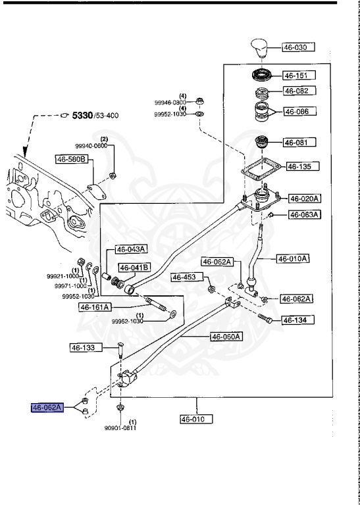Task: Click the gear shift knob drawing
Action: (x=261, y=48)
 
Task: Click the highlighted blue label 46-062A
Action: (x=47, y=408)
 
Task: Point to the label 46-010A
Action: (x=293, y=258)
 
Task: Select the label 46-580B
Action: (x=72, y=159)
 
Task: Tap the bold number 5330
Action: (x=82, y=115)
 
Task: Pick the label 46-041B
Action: (x=135, y=268)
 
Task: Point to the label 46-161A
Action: (x=95, y=307)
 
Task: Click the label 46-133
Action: (x=86, y=347)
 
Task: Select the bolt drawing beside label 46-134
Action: (x=265, y=318)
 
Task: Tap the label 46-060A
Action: (x=226, y=337)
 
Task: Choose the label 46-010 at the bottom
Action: (x=197, y=420)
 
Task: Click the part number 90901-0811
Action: (x=120, y=428)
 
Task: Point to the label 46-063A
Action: (x=305, y=214)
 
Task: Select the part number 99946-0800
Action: (x=170, y=103)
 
